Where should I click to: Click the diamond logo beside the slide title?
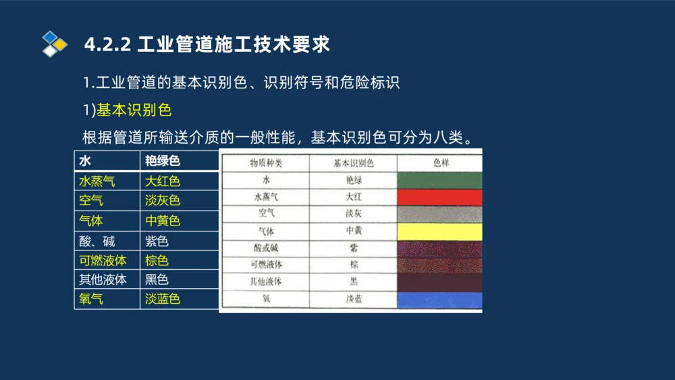point(55,44)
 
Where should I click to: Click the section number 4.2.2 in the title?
point(107,45)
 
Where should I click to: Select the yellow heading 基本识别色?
point(134,109)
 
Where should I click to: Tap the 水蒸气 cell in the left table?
point(97,181)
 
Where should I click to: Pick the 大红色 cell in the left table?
point(163,181)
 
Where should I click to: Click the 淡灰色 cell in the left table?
point(163,200)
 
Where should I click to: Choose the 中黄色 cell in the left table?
point(163,221)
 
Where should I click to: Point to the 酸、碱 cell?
point(97,241)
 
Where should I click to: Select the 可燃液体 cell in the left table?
point(103,261)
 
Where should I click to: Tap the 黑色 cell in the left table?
point(157,279)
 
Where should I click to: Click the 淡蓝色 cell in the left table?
point(163,299)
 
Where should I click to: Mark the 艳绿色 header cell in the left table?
point(163,161)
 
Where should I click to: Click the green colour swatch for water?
point(439,180)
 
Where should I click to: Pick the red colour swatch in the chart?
point(439,197)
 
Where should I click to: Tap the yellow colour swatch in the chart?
point(439,232)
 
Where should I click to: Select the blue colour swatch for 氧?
point(439,300)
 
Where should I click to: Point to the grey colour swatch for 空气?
point(439,214)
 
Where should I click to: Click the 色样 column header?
point(440,163)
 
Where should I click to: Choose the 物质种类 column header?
point(266,163)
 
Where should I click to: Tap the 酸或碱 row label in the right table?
point(266,248)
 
